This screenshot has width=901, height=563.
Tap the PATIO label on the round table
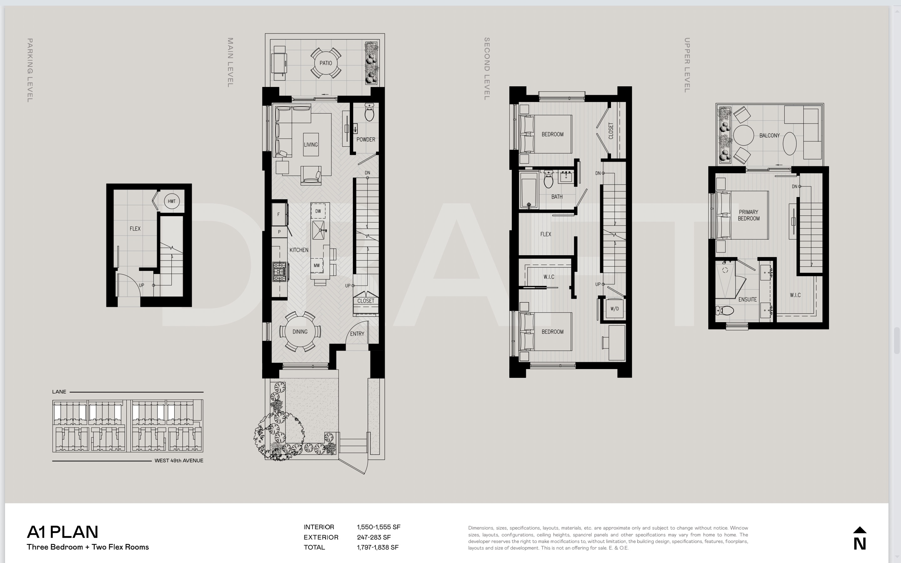tap(326, 63)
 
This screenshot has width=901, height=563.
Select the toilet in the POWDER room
tap(369, 113)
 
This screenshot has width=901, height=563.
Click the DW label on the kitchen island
tap(318, 211)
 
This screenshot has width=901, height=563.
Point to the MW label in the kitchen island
tap(317, 266)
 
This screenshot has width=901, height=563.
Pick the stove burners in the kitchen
tap(280, 272)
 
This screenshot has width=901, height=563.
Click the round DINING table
tap(300, 332)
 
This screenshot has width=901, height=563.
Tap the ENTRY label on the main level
tap(357, 334)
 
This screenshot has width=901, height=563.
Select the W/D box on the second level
tap(615, 309)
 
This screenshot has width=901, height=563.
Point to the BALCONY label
tap(770, 135)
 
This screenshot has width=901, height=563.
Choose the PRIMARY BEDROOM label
tap(749, 215)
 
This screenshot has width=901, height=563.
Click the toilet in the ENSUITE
tap(725, 310)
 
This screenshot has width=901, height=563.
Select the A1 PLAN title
tap(63, 532)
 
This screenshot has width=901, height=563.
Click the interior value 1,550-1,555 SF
tap(379, 527)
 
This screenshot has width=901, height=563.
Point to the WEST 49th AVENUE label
tap(179, 461)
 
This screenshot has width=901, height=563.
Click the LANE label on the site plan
tap(59, 392)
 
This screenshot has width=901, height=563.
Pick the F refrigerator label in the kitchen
tap(278, 215)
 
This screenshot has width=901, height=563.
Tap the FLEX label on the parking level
tap(135, 229)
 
